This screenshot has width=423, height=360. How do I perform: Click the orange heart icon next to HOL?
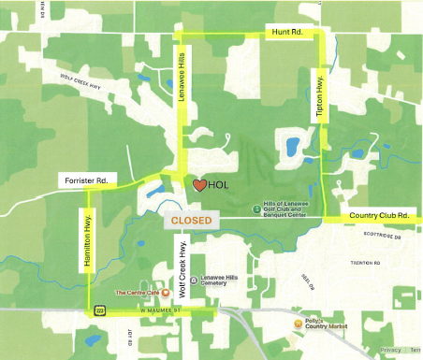click(x=199, y=185)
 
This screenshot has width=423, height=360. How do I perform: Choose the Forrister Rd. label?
click(x=86, y=179)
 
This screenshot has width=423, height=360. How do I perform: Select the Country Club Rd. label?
click(x=380, y=215)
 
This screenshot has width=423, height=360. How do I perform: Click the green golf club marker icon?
click(x=257, y=209)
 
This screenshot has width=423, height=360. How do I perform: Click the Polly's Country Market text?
click(x=318, y=324)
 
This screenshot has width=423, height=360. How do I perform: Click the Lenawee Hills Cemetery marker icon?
click(x=193, y=280)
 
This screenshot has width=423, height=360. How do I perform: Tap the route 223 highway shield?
click(x=97, y=310)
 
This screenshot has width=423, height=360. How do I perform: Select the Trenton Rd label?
click(x=364, y=263)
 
